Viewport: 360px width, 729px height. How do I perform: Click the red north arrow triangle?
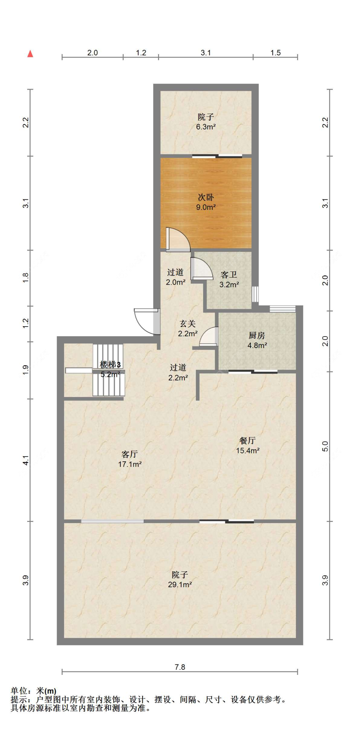tap(30, 53)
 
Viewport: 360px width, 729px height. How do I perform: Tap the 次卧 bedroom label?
tap(206, 197)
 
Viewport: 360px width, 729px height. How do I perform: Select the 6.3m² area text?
tap(206, 127)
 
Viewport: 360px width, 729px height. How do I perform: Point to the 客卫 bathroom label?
tap(229, 275)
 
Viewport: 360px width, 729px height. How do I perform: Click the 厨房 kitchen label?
tap(257, 335)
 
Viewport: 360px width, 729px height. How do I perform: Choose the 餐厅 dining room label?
tap(247, 441)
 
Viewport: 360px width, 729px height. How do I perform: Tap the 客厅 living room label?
tap(130, 454)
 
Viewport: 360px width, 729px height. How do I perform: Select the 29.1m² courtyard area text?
tap(180, 585)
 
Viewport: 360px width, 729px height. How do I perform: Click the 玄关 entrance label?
tap(188, 324)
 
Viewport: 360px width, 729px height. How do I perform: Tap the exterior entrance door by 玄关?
tap(146, 321)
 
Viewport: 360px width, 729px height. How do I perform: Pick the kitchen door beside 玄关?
tap(209, 336)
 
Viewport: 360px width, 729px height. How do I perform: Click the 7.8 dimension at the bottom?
tap(180, 667)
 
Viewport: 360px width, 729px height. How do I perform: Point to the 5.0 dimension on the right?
tap(325, 446)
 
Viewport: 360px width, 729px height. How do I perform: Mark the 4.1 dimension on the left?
tap(26, 460)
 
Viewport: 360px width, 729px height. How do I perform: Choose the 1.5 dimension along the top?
tap(276, 53)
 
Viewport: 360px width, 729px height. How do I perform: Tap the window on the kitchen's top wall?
tap(283, 309)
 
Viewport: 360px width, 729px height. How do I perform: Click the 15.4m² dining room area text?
tap(248, 450)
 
